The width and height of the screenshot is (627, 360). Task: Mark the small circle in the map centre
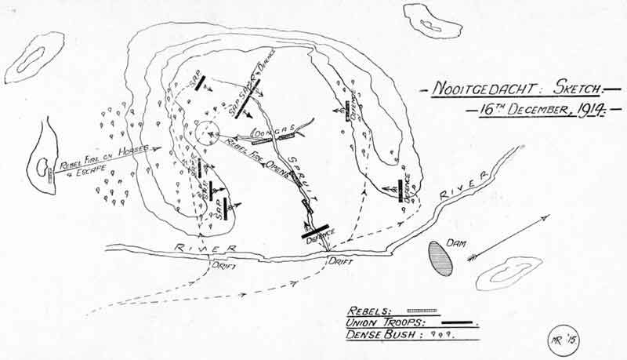[x=208, y=134]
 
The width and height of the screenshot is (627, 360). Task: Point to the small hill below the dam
[x=509, y=271]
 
